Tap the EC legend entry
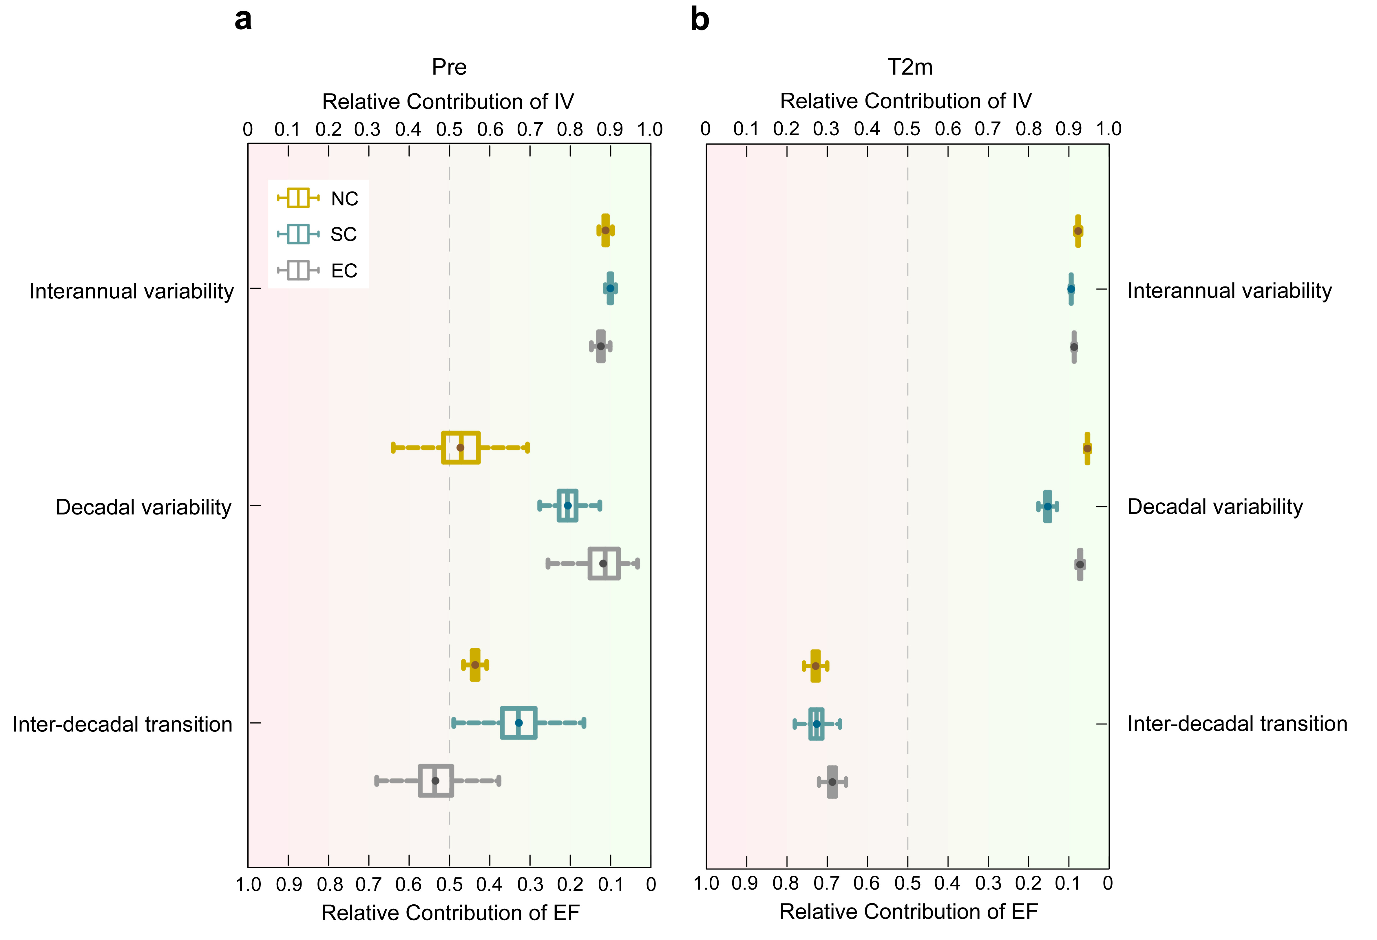click(318, 271)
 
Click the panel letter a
click(243, 20)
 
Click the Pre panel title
click(449, 67)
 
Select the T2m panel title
click(910, 67)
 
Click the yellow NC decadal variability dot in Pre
click(460, 448)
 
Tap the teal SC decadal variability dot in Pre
click(568, 505)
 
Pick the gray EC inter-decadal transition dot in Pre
click(436, 781)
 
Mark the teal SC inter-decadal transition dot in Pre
click(519, 722)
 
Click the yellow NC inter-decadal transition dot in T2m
click(815, 666)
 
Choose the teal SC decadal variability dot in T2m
click(1048, 506)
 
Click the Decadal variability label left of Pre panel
click(143, 507)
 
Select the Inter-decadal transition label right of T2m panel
click(1237, 724)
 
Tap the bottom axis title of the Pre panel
click(450, 913)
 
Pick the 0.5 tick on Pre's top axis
click(449, 129)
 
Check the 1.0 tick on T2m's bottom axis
click(706, 883)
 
